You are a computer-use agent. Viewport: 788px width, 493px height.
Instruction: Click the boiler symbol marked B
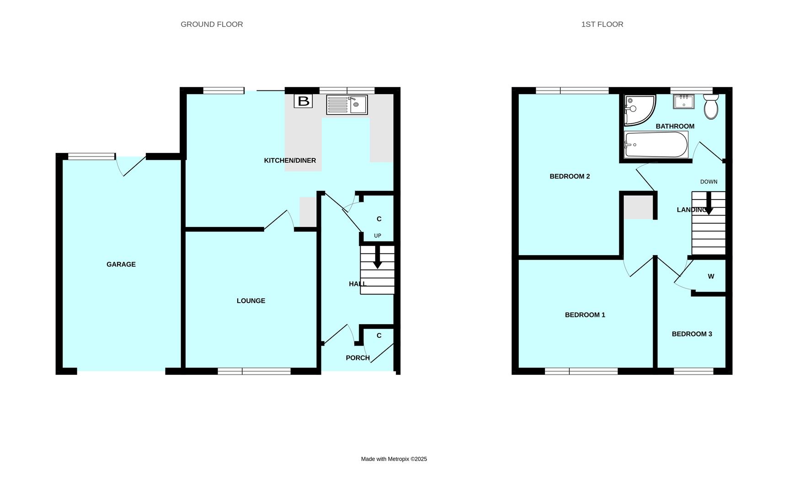[303, 101]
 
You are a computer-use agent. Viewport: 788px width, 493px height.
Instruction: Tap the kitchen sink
[346, 105]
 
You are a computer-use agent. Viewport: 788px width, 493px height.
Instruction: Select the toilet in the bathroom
[711, 107]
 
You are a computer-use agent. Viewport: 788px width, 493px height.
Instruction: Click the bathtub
[656, 145]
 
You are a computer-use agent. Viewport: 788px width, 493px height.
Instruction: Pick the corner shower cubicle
[638, 110]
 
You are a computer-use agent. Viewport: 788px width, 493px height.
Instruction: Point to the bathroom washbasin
[684, 101]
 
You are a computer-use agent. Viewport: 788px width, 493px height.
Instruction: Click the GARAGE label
[121, 264]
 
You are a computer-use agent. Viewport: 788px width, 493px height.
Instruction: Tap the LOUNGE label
[251, 301]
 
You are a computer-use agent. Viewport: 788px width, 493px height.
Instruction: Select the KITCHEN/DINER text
[290, 161]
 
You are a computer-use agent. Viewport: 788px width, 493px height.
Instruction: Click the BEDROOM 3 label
[692, 334]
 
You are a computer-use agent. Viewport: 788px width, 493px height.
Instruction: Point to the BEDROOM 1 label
[585, 315]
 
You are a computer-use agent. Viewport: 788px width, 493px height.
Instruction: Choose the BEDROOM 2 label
[570, 177]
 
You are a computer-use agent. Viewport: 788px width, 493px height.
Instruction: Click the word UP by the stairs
[378, 236]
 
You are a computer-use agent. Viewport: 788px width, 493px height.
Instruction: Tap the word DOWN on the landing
[708, 182]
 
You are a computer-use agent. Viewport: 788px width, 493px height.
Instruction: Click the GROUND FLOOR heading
[212, 24]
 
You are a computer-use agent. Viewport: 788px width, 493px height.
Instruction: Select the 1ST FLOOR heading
[602, 24]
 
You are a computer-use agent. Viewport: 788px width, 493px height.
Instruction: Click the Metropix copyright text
[394, 459]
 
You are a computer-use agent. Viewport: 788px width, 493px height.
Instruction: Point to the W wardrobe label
[711, 277]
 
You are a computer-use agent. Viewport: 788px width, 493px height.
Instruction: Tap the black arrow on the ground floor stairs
[378, 258]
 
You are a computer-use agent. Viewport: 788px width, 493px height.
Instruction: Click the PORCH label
[357, 358]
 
